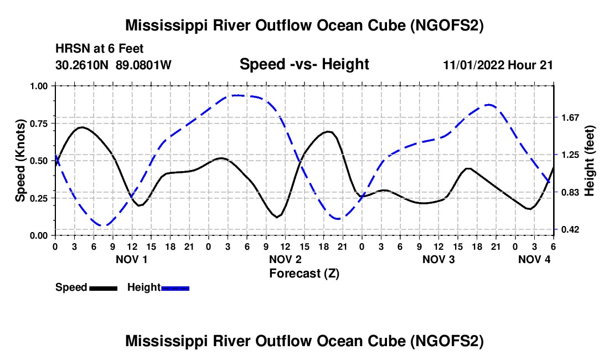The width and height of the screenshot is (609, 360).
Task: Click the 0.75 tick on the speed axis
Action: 40,123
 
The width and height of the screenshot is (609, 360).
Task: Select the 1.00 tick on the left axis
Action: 40,86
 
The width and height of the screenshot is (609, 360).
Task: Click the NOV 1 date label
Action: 132,259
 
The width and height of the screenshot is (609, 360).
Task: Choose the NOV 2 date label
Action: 285,259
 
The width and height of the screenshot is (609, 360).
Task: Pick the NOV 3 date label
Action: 438,259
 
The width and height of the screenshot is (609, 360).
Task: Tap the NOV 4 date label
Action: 534,259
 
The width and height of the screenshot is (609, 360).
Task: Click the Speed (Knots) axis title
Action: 20,161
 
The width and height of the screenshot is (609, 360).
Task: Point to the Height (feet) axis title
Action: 590,161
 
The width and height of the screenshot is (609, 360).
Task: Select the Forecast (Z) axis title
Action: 304,273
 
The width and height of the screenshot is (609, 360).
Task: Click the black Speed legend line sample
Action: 103,287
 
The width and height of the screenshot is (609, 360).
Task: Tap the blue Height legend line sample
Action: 176,287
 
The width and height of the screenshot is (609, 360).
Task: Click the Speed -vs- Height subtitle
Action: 304,64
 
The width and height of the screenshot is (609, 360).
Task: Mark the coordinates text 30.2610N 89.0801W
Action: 113,65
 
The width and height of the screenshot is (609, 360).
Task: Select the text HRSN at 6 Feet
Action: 100,49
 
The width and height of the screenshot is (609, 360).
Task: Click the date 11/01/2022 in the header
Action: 474,65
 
